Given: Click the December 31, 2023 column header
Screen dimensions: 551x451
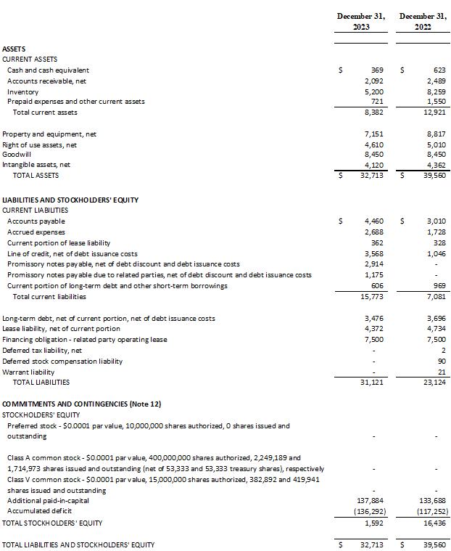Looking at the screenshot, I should click(361, 21).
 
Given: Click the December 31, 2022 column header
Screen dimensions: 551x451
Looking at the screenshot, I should click(424, 21).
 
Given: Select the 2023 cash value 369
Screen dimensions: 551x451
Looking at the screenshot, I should click(376, 70).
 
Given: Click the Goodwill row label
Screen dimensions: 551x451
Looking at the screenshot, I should click(17, 155).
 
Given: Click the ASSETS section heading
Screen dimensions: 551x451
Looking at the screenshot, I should click(14, 49).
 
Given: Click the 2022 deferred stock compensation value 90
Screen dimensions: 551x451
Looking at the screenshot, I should click(441, 361).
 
